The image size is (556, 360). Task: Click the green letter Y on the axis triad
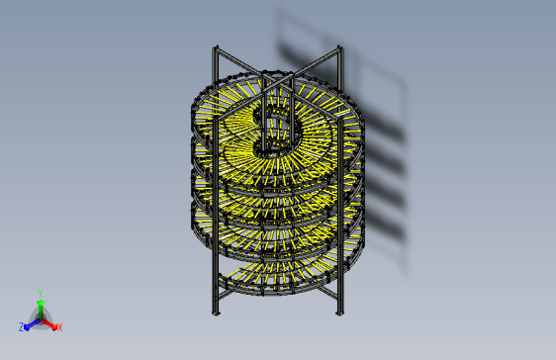tap(40, 293)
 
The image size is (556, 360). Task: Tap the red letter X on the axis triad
tap(59, 326)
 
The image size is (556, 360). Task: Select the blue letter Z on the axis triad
tap(22, 326)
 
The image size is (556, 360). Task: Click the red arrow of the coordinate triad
tap(50, 322)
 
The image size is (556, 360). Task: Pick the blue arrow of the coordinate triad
tap(31, 322)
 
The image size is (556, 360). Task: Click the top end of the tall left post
tap(215, 47)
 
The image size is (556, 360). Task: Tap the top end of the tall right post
tap(340, 47)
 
